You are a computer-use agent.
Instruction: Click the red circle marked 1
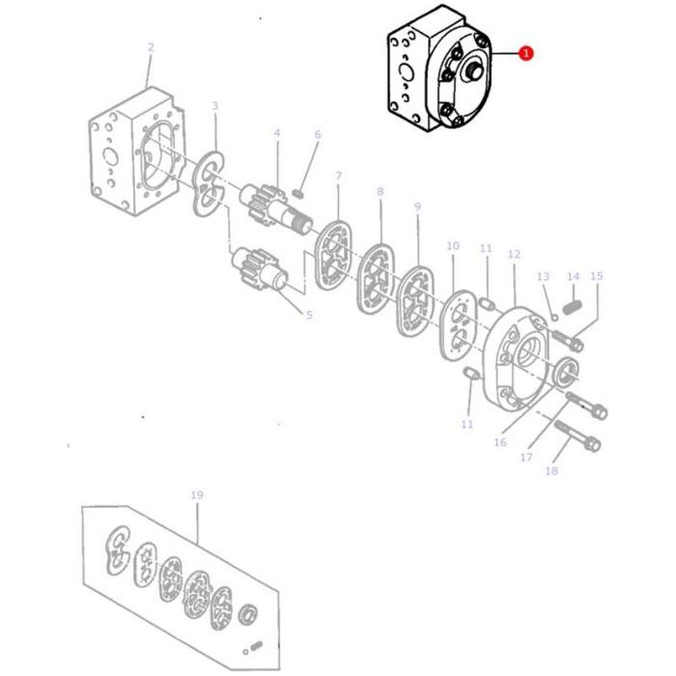click(x=525, y=54)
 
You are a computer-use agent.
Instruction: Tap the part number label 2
click(x=151, y=46)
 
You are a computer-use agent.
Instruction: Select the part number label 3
click(x=214, y=106)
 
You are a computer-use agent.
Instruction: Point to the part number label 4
click(x=276, y=132)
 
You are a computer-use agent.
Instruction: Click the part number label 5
click(x=309, y=315)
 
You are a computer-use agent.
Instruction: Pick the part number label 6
click(x=317, y=135)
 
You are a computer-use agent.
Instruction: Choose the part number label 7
click(x=338, y=176)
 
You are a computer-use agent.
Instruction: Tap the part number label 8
click(x=380, y=192)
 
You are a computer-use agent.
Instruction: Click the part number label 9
click(x=417, y=207)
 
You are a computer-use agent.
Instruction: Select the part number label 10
click(x=453, y=247)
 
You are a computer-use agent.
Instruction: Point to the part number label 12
click(x=514, y=254)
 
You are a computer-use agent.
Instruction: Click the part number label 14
click(x=573, y=277)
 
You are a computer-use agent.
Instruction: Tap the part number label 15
click(x=596, y=276)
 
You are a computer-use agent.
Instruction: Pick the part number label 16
click(x=499, y=442)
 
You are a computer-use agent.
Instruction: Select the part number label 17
click(x=526, y=457)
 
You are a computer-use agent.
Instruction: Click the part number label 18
click(x=551, y=471)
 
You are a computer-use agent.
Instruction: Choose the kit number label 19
click(x=196, y=495)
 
